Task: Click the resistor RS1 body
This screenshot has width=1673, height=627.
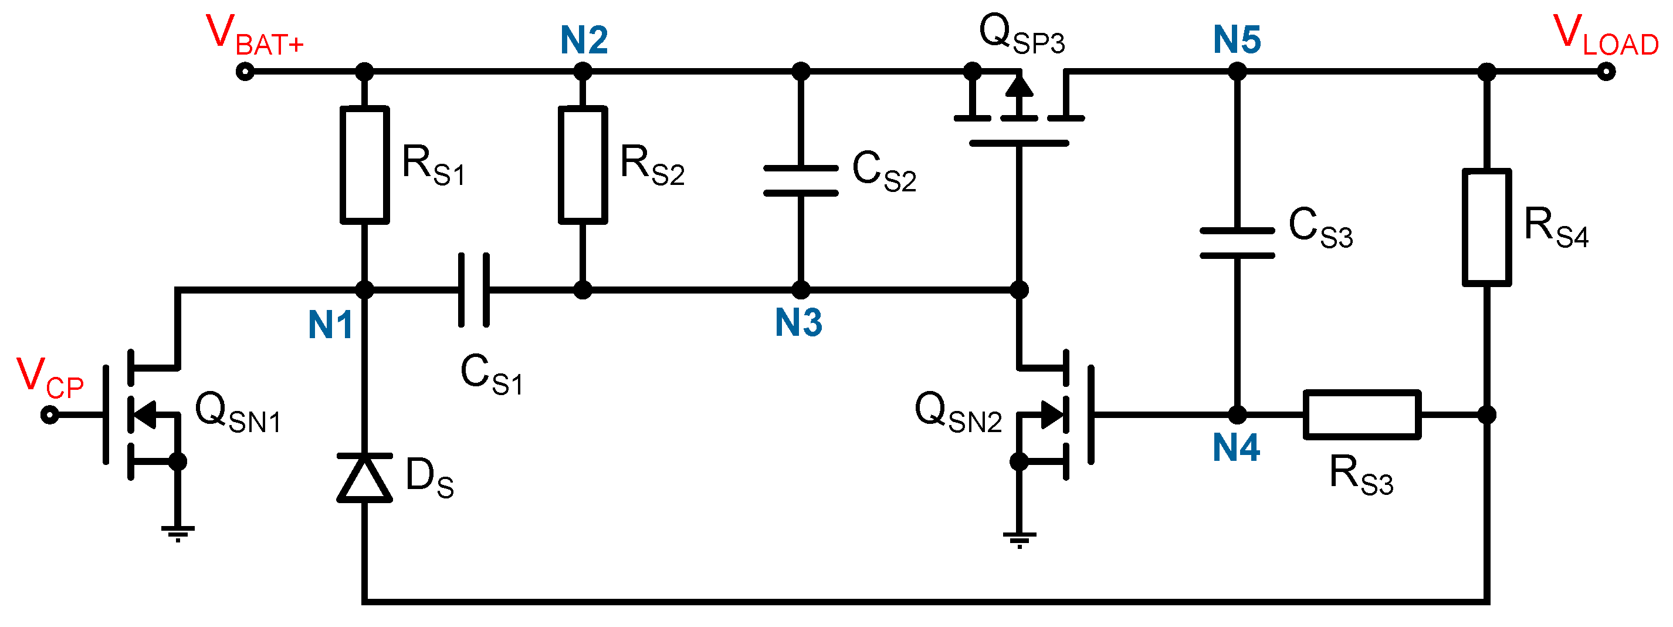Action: tap(364, 165)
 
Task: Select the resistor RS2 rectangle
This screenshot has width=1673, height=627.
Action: tap(582, 165)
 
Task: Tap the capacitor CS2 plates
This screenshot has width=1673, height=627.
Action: tap(801, 181)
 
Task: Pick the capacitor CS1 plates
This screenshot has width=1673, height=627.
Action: tap(473, 290)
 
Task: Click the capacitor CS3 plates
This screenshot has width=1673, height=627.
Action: tap(1237, 243)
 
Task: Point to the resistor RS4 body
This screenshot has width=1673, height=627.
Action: tap(1486, 227)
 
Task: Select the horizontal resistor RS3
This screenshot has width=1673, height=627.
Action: tap(1362, 414)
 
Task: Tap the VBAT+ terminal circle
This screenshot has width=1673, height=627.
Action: tap(245, 72)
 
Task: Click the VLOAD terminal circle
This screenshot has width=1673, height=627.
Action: tap(1606, 72)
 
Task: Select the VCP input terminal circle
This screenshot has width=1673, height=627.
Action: tap(49, 414)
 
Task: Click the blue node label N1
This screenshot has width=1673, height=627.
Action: tap(330, 325)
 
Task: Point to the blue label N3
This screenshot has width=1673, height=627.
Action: tap(798, 322)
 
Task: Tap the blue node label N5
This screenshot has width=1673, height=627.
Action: tap(1237, 41)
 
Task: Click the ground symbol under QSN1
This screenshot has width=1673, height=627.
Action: tap(177, 533)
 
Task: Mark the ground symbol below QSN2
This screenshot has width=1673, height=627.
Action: tap(1019, 540)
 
